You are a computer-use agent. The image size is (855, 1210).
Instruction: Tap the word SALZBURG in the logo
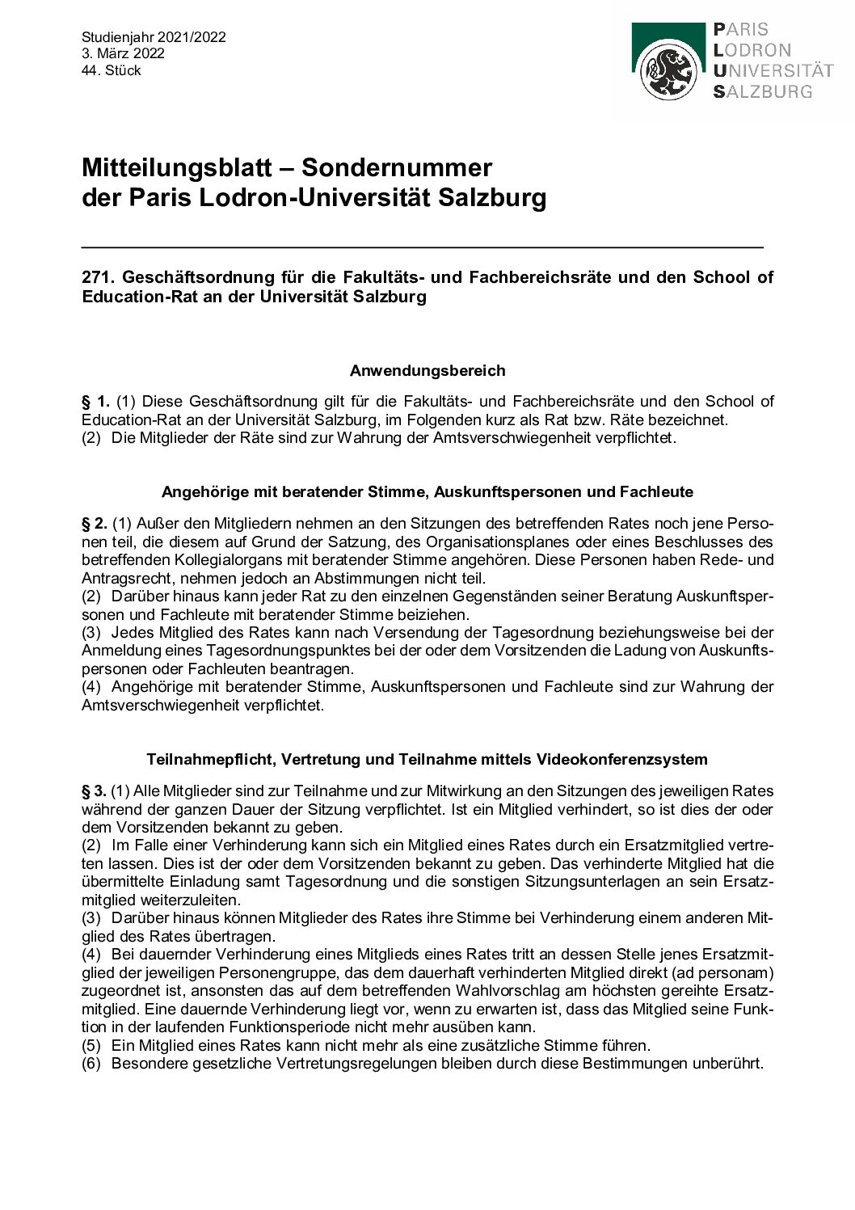tap(763, 91)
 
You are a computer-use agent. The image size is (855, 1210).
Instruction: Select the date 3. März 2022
tap(123, 54)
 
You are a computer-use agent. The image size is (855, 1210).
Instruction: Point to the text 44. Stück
tap(112, 71)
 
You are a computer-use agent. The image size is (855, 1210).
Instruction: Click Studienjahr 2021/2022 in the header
tap(154, 37)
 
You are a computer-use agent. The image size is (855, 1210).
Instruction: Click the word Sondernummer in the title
tap(397, 167)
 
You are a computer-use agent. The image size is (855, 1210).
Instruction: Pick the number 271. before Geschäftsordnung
tap(97, 277)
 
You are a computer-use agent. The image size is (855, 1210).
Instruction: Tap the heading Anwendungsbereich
tap(428, 371)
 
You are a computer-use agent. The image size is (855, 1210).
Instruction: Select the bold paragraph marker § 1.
tap(95, 402)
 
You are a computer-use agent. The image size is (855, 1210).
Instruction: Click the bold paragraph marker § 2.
tap(95, 524)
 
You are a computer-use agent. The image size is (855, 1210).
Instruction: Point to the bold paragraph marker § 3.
tap(95, 791)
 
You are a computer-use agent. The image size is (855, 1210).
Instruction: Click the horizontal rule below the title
tap(423, 246)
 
